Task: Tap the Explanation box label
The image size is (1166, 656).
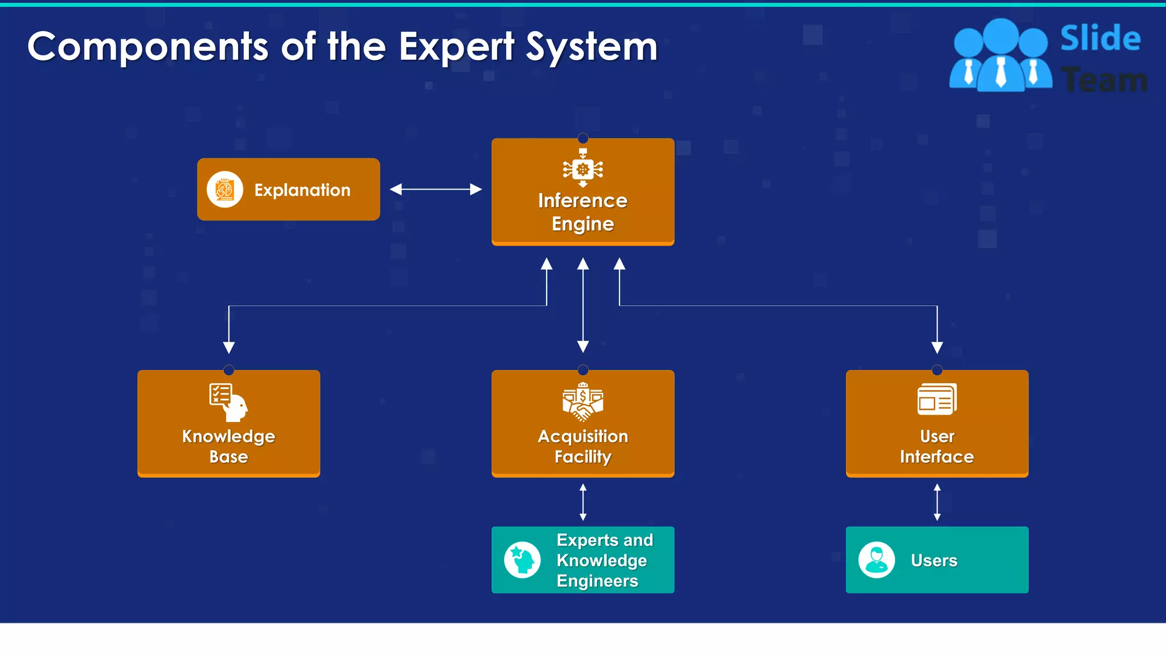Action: tap(302, 190)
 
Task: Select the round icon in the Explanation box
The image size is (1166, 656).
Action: tap(225, 190)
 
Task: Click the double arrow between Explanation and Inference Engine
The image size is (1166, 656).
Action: tap(436, 190)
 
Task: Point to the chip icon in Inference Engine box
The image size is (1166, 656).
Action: tap(582, 169)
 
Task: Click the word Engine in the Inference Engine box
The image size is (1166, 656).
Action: tap(582, 224)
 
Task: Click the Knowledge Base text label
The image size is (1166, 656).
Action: tap(228, 446)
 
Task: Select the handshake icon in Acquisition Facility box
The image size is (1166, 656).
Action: tap(582, 403)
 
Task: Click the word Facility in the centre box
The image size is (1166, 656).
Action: tap(582, 457)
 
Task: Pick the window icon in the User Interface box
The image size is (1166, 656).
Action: tap(937, 399)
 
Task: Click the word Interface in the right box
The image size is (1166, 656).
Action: tap(937, 457)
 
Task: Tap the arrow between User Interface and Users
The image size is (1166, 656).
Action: tap(937, 502)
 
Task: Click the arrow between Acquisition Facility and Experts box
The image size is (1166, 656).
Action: tap(583, 502)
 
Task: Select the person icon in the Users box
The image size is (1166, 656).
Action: tap(876, 560)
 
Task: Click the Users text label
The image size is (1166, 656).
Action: tap(934, 560)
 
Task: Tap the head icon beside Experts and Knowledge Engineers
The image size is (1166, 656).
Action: tap(522, 560)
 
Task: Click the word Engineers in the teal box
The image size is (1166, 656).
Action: tap(597, 581)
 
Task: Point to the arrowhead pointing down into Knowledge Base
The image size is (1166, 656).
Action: tap(229, 347)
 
